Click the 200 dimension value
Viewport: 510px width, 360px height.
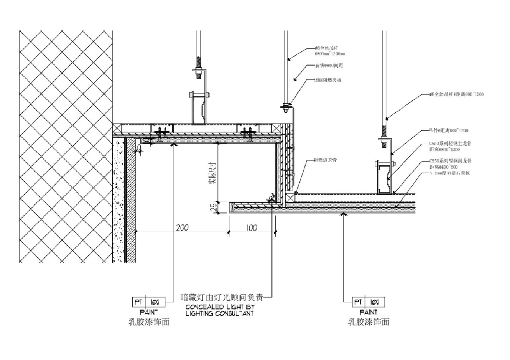182,228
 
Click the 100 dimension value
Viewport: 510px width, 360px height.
252,228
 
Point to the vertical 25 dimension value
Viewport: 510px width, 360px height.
213,207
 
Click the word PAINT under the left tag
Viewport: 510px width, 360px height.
149,313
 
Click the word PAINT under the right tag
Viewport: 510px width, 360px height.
368,313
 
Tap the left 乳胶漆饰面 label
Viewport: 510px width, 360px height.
149,322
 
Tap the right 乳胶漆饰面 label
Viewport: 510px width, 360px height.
368,322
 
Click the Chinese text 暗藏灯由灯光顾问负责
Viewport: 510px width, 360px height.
222,297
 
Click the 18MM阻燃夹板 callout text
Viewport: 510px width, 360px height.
328,80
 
